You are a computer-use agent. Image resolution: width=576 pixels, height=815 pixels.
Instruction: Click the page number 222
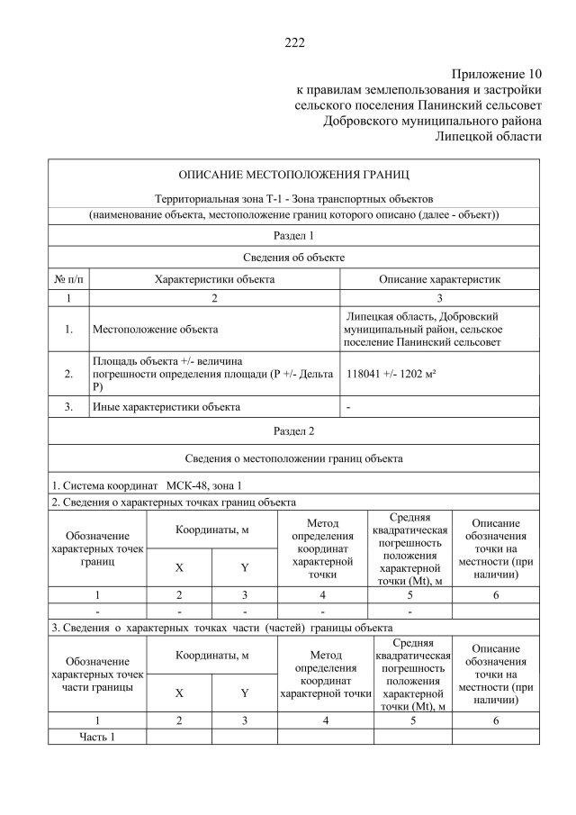[x=294, y=41]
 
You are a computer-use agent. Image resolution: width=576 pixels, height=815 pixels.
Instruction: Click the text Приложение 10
[x=496, y=74]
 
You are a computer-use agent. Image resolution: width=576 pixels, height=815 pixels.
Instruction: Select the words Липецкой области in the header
[x=488, y=136]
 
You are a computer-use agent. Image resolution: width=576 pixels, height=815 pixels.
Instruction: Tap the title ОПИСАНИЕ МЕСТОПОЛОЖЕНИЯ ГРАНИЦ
[x=293, y=173]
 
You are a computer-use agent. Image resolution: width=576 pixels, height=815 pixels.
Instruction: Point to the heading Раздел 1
[x=293, y=236]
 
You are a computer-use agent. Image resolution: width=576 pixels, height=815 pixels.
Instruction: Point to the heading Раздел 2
[x=293, y=430]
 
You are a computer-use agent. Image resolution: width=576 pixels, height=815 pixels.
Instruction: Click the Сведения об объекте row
[x=293, y=258]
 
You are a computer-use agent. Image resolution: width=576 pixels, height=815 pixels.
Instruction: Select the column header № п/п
[x=68, y=279]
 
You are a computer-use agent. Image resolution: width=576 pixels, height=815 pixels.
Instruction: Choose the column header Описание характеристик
[x=439, y=279]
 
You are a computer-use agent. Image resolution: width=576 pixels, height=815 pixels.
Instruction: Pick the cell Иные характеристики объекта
[x=166, y=406]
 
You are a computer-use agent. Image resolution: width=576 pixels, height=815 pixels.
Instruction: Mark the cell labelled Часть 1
[x=97, y=737]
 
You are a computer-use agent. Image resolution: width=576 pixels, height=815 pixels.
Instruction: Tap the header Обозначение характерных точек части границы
[x=97, y=674]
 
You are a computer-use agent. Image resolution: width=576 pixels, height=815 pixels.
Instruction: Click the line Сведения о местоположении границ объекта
[x=293, y=457]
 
